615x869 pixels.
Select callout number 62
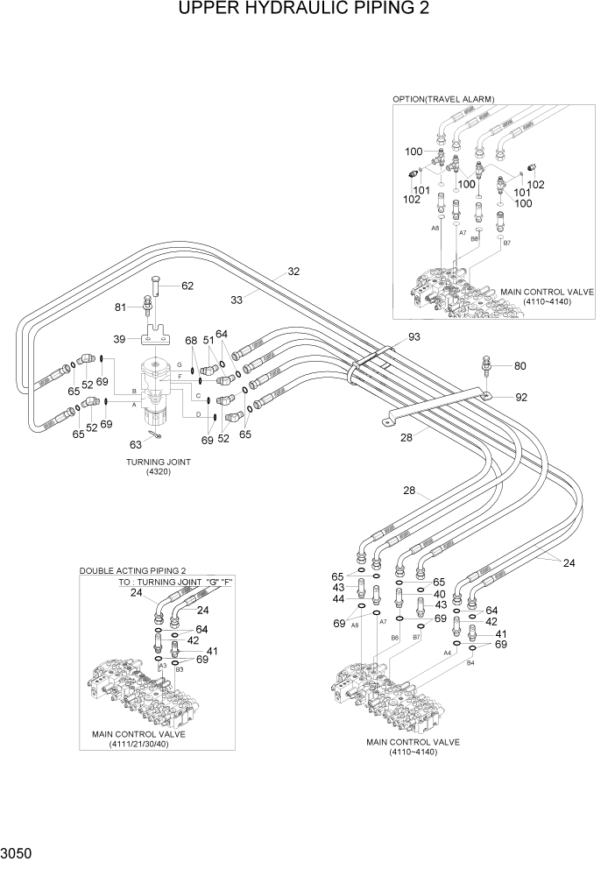coord(187,286)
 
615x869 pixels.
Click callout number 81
coord(122,307)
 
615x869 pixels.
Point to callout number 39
coord(121,339)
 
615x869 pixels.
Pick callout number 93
coord(414,337)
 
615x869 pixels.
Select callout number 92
coord(521,397)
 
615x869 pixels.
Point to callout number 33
coord(237,299)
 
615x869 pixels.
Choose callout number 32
coord(293,271)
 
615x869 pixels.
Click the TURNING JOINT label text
coord(159,462)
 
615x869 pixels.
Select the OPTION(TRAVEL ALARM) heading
coord(443,99)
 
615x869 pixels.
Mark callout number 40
coord(440,594)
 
